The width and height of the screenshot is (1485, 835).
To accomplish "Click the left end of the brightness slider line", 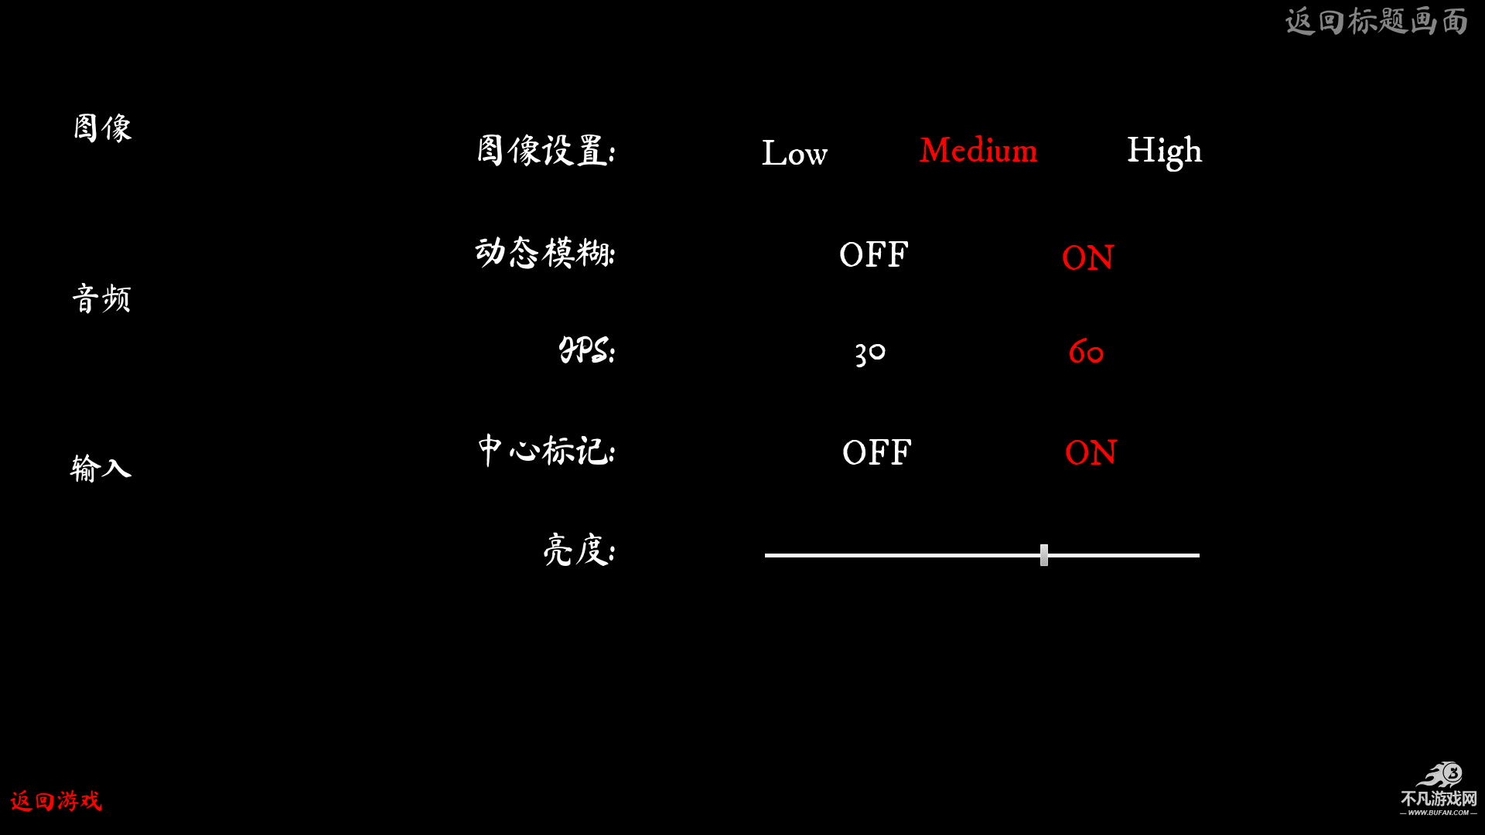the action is point(766,555).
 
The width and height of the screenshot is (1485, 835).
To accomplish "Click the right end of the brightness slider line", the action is point(1199,555).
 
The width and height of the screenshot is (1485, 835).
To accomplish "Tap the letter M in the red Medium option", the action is point(935,150).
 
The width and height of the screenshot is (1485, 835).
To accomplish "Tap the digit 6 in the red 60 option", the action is point(1077,352).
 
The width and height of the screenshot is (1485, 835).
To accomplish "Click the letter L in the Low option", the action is point(774,153).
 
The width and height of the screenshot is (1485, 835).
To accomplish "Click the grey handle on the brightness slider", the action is point(1044,555).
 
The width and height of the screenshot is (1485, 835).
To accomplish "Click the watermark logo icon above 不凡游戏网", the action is point(1441,775).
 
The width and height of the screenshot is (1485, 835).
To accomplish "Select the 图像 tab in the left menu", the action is point(103,128).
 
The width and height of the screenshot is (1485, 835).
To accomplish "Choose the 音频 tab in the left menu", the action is point(101,298).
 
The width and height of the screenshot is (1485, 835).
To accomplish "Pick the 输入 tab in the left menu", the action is point(101,469).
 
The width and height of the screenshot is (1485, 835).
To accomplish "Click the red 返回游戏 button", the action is point(56,801).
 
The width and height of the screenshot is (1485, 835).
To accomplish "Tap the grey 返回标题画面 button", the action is point(1376,22).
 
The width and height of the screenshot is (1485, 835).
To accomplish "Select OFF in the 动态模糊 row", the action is point(874,255).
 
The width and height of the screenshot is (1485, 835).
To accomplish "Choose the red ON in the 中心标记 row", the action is point(1091,453).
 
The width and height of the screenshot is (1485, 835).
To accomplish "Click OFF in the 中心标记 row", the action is point(877,453).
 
